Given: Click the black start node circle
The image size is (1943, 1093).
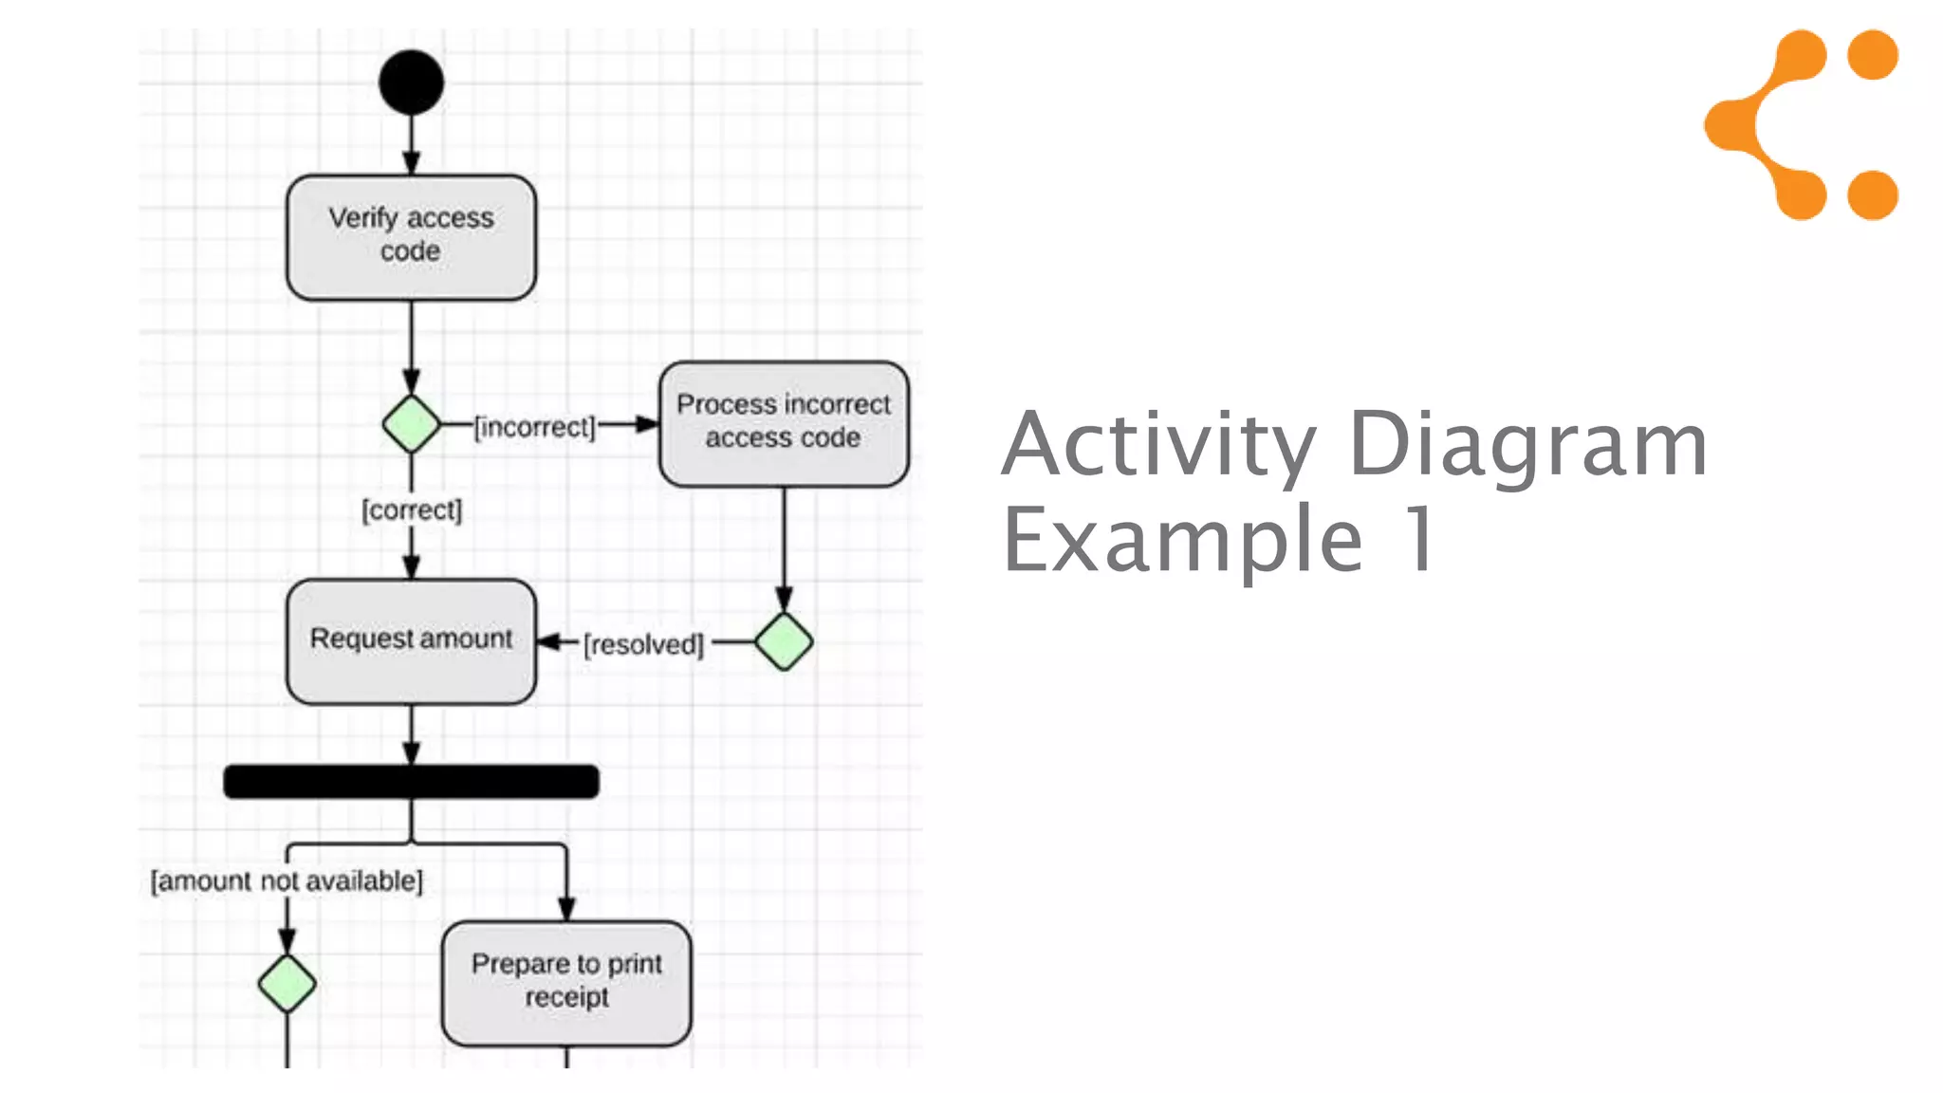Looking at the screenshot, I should point(411,83).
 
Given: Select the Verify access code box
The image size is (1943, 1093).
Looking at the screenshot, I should point(411,237).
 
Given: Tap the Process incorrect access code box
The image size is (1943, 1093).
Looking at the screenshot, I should point(784,423).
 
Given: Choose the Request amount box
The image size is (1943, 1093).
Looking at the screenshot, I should point(411,640).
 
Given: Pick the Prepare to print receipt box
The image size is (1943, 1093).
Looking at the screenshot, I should point(566,982).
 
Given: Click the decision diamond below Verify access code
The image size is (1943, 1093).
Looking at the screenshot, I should point(411,423).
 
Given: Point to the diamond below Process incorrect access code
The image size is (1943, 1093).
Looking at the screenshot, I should point(784,641).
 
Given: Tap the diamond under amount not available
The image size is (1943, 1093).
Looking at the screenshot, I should point(287,983).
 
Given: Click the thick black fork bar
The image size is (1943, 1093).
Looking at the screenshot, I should point(411,781).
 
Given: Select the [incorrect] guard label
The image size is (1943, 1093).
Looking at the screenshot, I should point(535,427).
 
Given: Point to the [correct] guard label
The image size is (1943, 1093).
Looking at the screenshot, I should point(412,510).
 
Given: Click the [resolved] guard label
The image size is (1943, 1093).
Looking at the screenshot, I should point(643,645).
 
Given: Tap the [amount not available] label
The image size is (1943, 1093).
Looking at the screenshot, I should point(287,881).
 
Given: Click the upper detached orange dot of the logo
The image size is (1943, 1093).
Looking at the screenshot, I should point(1873,54).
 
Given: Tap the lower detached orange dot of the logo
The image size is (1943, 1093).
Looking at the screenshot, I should point(1873,195).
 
